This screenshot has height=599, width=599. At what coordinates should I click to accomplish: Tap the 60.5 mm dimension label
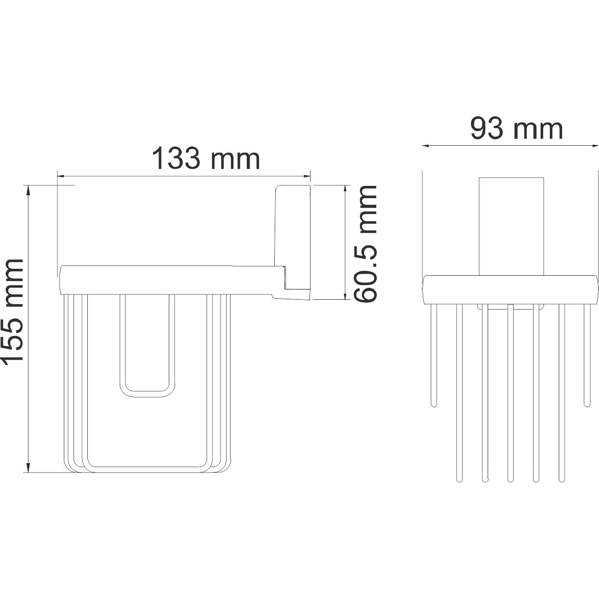365,243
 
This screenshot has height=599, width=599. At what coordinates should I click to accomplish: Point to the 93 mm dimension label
516,129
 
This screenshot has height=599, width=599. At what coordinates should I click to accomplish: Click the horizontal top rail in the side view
167,280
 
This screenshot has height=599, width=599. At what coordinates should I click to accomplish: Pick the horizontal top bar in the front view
510,289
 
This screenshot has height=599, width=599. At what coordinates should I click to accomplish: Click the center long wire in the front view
510,392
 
